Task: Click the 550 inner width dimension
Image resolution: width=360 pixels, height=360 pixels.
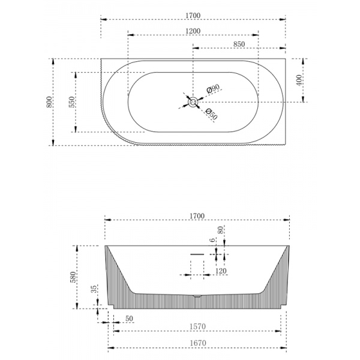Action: coord(71,103)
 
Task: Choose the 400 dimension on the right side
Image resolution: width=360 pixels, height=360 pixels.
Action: coord(299,79)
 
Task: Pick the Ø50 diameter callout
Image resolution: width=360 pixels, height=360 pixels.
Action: coord(211,113)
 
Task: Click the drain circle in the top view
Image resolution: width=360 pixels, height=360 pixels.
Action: coord(193,103)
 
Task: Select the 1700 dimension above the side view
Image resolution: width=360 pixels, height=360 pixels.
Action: coord(196,215)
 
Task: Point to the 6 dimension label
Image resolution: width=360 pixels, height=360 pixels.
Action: coord(212,242)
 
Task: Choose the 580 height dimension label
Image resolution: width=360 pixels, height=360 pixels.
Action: coord(73,277)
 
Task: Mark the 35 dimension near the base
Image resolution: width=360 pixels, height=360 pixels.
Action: coord(94,289)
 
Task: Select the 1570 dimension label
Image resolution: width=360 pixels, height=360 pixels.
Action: coord(196,326)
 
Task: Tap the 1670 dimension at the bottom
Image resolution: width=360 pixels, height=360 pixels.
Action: coord(196,343)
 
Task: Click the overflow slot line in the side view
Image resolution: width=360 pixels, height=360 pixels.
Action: coord(197,254)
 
